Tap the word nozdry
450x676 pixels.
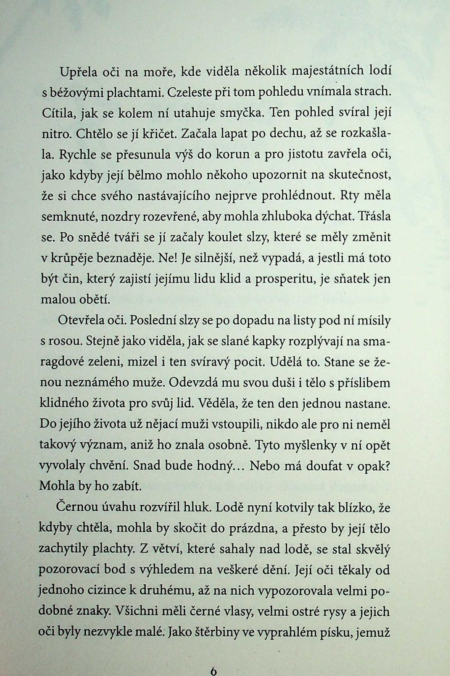pyautogui.click(x=119, y=217)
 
